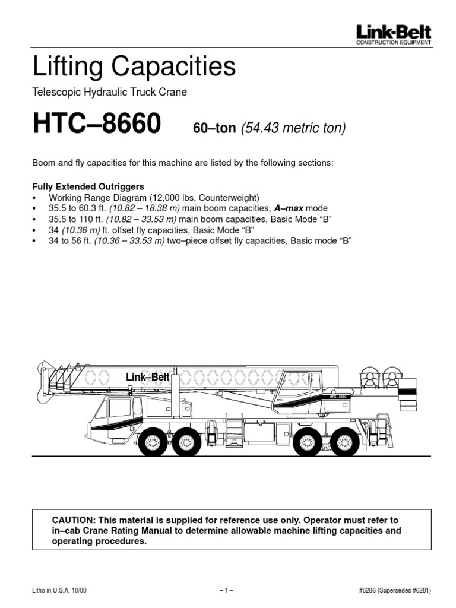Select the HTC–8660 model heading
(x=96, y=124)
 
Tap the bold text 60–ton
(x=215, y=128)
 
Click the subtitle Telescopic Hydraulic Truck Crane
(x=110, y=92)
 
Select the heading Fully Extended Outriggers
(x=88, y=186)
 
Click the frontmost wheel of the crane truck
(x=153, y=442)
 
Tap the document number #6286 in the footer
(x=369, y=590)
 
